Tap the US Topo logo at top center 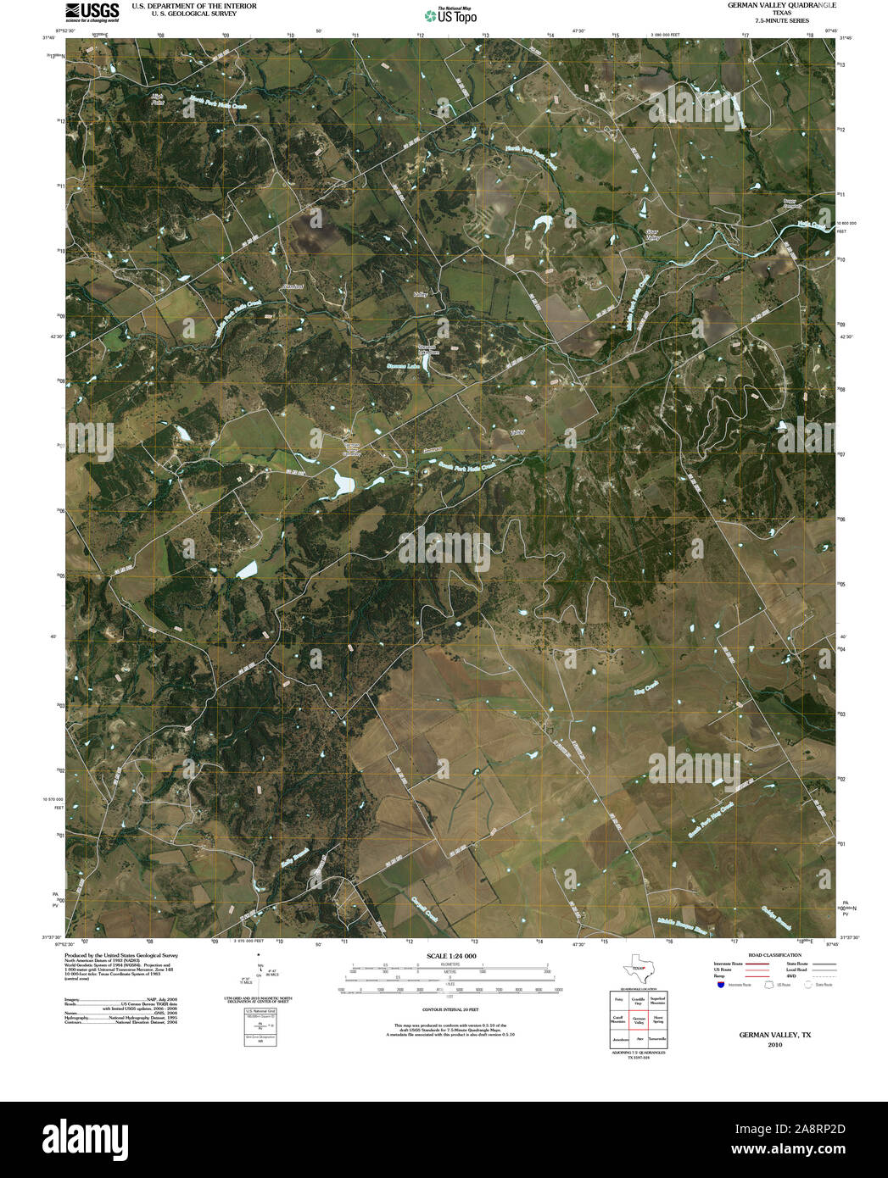(450, 15)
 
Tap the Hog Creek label (645, 689)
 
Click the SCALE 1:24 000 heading (451, 956)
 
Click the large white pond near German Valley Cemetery (343, 484)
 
